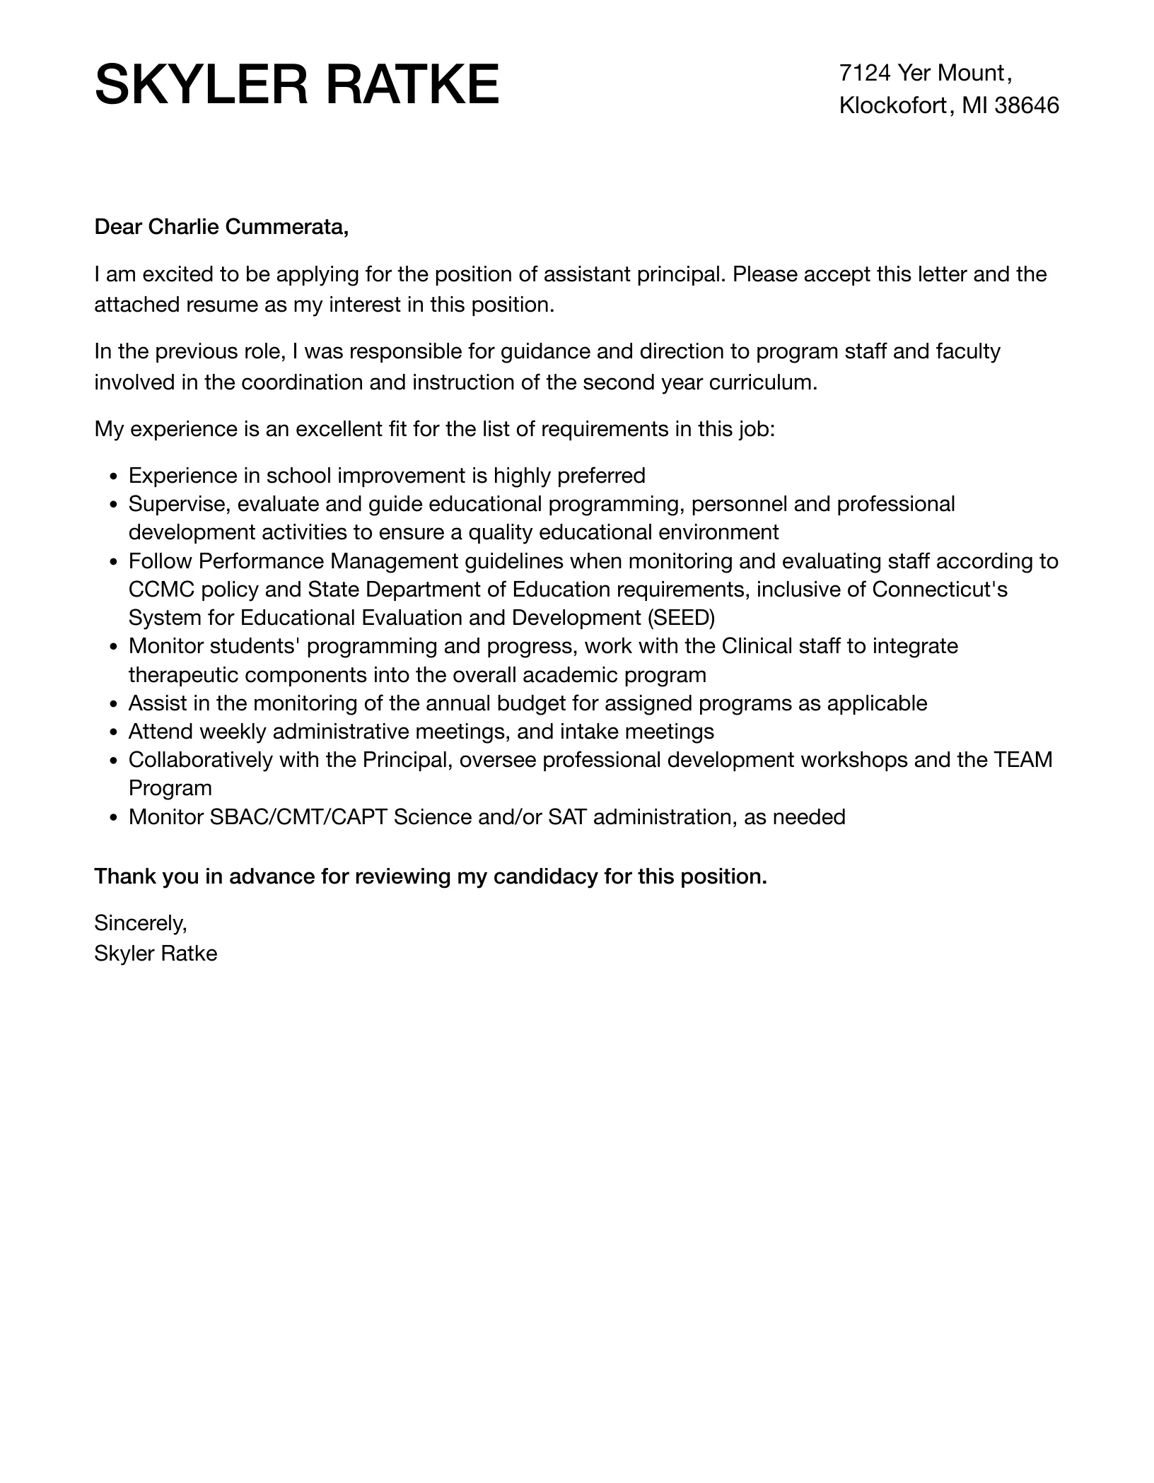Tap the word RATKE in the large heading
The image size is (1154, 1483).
click(412, 86)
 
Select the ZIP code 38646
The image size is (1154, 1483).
click(1027, 106)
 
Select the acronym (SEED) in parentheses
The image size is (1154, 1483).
click(681, 618)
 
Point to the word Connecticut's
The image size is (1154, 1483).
click(940, 590)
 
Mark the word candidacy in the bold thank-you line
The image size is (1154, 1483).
click(545, 877)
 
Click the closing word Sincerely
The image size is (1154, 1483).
click(140, 923)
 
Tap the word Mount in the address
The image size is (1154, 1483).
click(970, 73)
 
